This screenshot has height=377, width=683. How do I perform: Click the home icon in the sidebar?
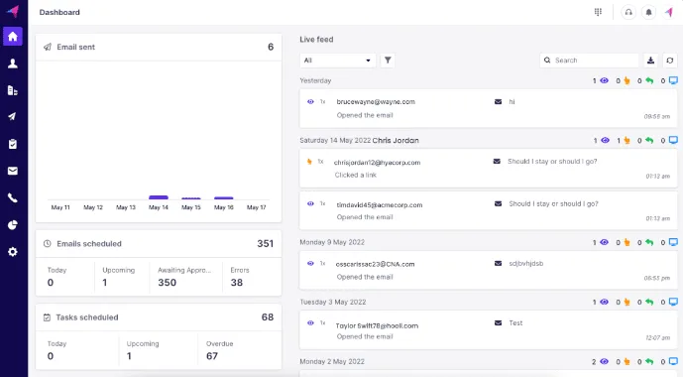12,37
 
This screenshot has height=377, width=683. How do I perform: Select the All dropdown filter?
338,61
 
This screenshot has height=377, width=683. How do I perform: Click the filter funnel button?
388,61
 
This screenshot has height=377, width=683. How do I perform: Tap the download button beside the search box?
651,61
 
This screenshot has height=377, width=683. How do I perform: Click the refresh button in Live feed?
670,61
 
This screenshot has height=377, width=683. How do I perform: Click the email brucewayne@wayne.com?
375,102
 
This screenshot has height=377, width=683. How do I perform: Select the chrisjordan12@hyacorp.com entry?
377,162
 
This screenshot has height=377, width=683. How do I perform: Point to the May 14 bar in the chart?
158,197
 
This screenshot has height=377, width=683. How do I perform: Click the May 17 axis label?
256,207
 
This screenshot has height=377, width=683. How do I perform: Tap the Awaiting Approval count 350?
167,283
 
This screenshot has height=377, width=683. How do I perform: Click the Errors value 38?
236,283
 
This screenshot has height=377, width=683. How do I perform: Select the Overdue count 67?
212,356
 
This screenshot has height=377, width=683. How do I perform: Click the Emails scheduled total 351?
265,243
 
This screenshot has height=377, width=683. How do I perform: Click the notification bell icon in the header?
649,12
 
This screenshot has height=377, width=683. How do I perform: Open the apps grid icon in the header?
598,12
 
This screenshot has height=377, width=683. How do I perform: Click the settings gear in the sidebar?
12,252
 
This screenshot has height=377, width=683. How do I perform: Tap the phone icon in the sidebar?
12,197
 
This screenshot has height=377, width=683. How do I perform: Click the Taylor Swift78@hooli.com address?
377,325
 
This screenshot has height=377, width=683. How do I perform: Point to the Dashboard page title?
59,12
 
